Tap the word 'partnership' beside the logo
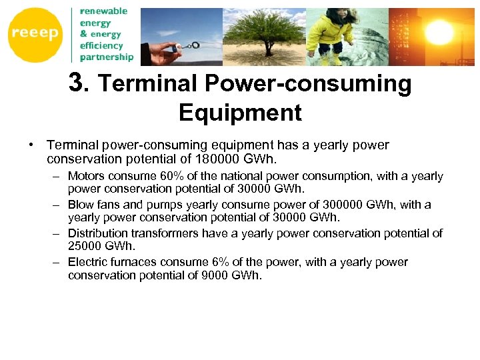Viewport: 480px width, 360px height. click(107, 57)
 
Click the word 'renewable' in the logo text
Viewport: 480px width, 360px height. click(103, 11)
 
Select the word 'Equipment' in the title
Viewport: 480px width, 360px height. click(240, 113)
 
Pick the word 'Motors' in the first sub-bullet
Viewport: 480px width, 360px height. click(86, 176)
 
